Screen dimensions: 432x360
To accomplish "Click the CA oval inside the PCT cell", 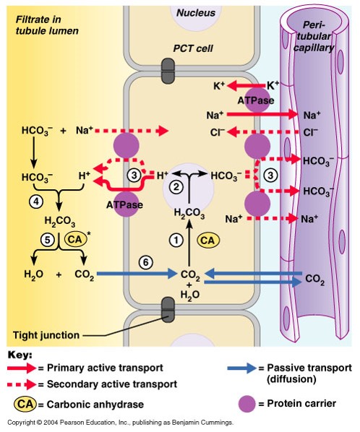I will (x=207, y=240).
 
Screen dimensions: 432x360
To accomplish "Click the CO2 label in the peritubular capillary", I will (x=315, y=278).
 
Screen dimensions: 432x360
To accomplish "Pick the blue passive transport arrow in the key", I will (x=241, y=368).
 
